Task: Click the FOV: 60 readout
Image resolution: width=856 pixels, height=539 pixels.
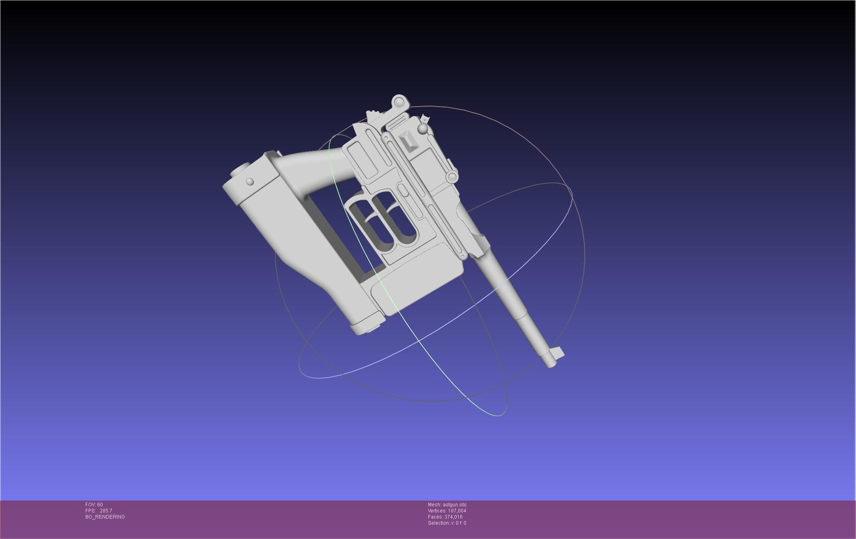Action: [94, 505]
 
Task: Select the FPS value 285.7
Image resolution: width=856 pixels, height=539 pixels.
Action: [105, 511]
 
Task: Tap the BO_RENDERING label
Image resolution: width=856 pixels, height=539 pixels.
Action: [105, 517]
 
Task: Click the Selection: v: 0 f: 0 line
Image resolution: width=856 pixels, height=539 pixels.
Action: [447, 523]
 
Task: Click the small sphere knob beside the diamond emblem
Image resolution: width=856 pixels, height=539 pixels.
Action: [423, 129]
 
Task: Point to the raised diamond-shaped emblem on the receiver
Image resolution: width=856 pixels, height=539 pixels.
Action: [408, 140]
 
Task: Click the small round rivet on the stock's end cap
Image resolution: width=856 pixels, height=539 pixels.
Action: [250, 182]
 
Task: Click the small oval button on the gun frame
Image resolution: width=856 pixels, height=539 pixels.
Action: [402, 191]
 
